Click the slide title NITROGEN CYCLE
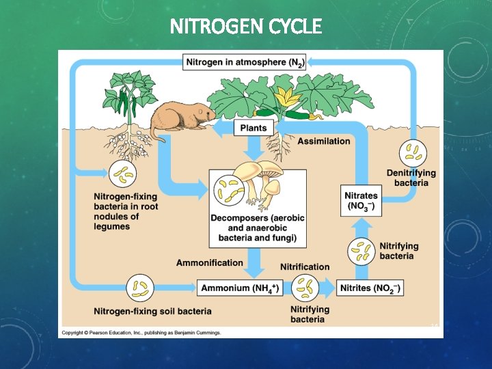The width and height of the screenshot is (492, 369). click(x=245, y=27)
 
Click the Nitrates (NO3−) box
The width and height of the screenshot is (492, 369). click(x=360, y=201)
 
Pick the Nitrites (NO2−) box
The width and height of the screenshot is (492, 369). click(x=371, y=288)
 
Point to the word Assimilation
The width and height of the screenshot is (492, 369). click(x=324, y=141)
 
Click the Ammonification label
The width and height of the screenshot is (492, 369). click(x=209, y=262)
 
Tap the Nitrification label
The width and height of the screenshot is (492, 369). click(x=305, y=266)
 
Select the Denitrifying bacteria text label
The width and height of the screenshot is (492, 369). click(x=411, y=178)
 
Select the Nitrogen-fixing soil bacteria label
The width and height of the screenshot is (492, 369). click(x=152, y=311)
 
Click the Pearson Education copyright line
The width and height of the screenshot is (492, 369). click(x=141, y=333)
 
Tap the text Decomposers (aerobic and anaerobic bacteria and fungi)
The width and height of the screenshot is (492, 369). click(x=258, y=228)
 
